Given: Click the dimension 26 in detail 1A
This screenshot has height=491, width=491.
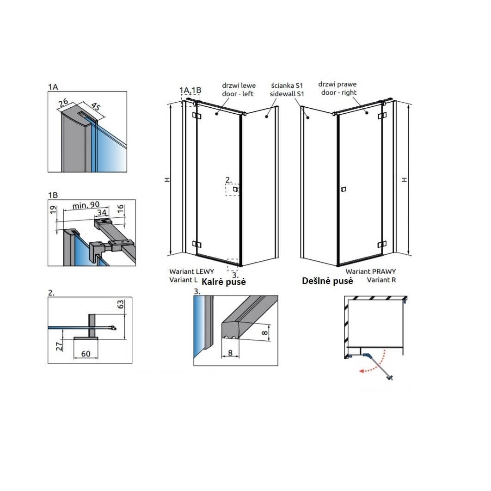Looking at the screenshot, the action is [63, 102].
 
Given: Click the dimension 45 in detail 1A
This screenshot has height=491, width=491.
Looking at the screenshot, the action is [96, 106].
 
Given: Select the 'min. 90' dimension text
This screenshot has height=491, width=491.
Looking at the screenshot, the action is [86, 205].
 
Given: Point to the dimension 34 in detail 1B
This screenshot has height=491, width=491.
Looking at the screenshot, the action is [102, 213].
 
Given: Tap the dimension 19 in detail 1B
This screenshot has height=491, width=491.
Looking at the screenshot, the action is [53, 209].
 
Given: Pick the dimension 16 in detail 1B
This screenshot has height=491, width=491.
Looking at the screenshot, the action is [121, 209].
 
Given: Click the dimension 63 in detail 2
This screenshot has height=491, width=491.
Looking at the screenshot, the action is [121, 304].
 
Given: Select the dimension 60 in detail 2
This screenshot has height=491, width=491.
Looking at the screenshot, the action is [86, 354].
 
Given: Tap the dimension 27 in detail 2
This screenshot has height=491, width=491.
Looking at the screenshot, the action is [59, 346].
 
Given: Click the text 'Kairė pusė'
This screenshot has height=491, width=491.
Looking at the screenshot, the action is [224, 282].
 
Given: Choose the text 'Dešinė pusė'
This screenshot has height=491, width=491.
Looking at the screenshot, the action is [327, 281].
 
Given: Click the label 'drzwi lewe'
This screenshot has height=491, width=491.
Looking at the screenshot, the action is [239, 86].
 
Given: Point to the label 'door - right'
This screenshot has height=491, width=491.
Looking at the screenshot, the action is [339, 92].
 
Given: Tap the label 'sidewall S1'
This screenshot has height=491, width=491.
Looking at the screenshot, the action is [287, 94].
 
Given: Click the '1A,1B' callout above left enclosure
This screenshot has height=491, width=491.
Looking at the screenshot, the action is [190, 90].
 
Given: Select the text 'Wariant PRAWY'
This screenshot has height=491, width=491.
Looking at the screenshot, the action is [371, 271].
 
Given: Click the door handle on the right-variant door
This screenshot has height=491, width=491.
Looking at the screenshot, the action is [343, 189].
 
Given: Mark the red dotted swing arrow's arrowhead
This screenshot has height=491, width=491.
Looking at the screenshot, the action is [362, 371].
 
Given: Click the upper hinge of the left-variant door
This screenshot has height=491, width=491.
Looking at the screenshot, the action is [196, 116].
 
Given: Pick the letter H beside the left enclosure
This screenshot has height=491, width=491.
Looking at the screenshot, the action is [167, 180].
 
